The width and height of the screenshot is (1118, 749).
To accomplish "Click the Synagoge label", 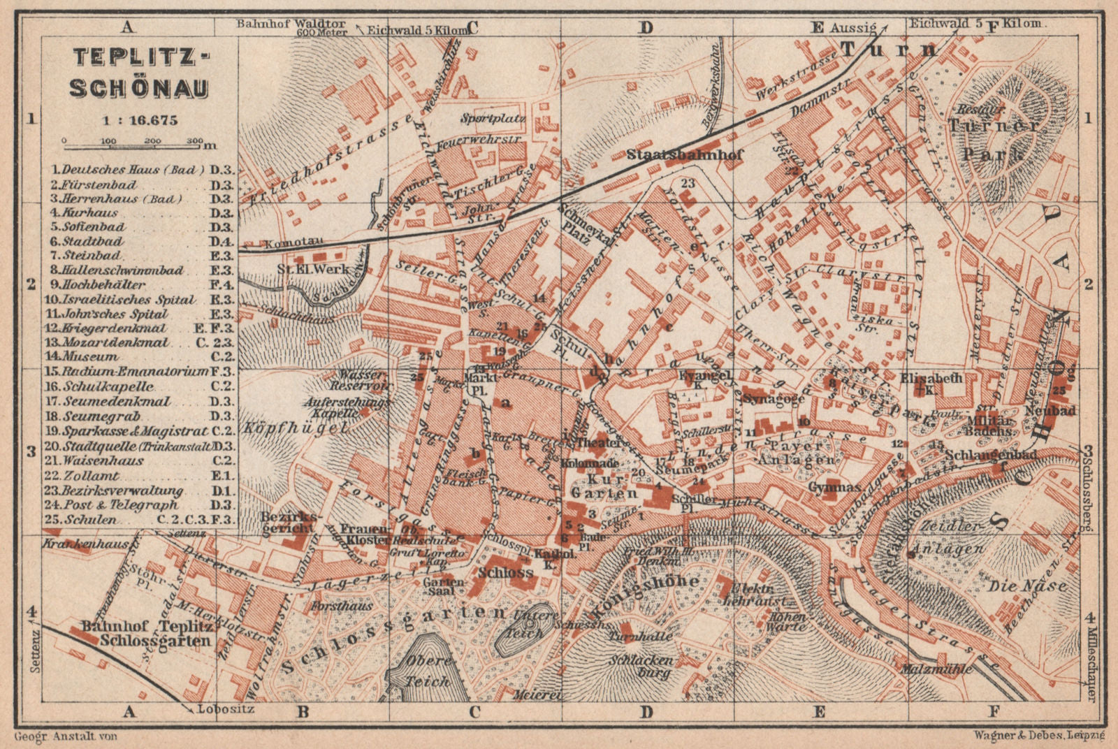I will [x=765, y=398].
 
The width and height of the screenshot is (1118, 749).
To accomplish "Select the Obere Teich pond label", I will [x=427, y=671].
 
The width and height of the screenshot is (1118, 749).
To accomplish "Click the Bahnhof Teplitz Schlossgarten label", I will [x=145, y=633].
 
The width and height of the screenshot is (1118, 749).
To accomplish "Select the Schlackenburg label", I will [x=641, y=667].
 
